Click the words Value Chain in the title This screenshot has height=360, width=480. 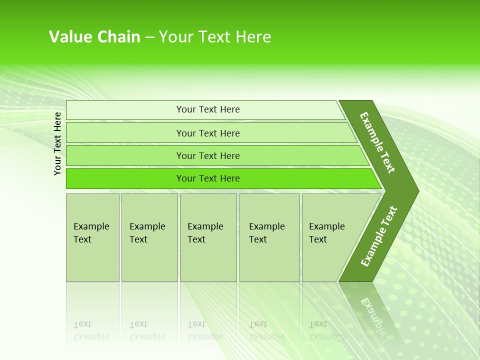[x=94, y=37]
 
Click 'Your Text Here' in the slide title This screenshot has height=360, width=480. [x=215, y=37]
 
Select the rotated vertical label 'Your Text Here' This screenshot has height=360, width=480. [x=58, y=143]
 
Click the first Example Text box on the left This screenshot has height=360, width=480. [x=92, y=237]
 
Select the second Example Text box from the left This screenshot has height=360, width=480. [x=149, y=237]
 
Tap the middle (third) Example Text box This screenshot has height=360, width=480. [x=208, y=237]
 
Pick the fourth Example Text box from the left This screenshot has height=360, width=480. [x=269, y=237]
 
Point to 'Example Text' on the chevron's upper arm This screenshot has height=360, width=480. [x=377, y=142]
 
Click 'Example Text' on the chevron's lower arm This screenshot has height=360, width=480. [x=379, y=236]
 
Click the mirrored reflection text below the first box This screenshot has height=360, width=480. [x=91, y=330]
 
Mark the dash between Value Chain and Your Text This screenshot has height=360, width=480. [x=149, y=37]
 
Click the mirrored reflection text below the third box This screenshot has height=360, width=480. [x=205, y=330]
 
